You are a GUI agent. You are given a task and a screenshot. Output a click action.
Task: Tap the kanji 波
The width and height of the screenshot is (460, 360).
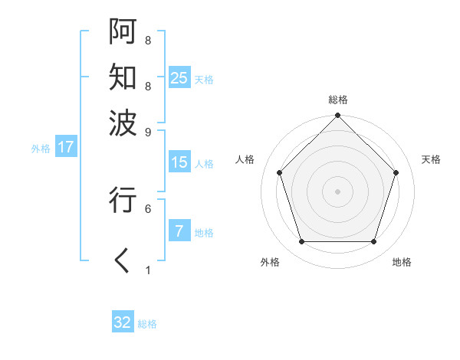(x=123, y=122)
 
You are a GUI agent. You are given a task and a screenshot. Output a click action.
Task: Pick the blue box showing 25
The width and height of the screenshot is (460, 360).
(x=179, y=78)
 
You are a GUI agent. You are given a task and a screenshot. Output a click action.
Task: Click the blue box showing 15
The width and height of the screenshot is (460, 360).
(x=179, y=162)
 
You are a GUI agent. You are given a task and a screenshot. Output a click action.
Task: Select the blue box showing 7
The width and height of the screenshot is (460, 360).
(x=179, y=231)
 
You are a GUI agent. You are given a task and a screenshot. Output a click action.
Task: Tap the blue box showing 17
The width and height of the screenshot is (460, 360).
(x=65, y=148)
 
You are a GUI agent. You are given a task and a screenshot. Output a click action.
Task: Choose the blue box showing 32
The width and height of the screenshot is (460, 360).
(x=123, y=322)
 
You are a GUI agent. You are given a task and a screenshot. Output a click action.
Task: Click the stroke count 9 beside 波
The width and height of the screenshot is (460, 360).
(x=148, y=132)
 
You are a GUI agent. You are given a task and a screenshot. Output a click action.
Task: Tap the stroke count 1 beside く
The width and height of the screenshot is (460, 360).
(x=148, y=270)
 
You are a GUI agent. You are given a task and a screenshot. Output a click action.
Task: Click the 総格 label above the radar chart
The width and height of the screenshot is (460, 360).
(x=337, y=100)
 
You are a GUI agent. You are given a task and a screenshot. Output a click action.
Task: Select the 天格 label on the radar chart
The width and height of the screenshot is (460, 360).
(x=431, y=159)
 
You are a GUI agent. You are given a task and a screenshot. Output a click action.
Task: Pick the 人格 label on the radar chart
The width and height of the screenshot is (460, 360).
(x=245, y=159)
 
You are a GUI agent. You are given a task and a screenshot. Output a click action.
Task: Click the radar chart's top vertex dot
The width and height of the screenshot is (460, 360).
(x=337, y=116)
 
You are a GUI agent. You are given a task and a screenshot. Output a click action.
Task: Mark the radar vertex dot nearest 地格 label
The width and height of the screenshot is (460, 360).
(x=373, y=241)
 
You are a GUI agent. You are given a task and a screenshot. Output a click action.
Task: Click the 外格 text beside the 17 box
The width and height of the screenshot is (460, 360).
(x=41, y=149)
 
